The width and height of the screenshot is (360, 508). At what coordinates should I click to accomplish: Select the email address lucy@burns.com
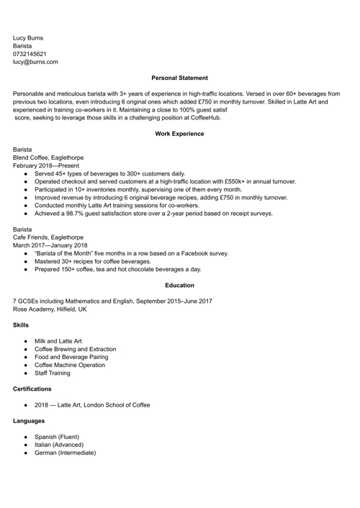[x=35, y=63]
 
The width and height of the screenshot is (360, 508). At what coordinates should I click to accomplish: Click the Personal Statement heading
[x=179, y=78]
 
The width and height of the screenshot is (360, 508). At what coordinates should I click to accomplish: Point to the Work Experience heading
[x=179, y=134]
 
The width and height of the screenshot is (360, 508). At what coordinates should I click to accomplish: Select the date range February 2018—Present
[x=48, y=165]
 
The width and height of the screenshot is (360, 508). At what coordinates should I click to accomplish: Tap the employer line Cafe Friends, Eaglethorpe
[x=48, y=237]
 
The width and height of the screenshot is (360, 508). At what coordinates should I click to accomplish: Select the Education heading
[x=179, y=286]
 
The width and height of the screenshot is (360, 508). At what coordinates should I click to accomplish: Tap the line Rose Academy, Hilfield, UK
[x=50, y=309]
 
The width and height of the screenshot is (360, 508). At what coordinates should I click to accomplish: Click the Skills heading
[x=21, y=325]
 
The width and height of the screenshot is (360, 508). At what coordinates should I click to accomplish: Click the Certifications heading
[x=32, y=389]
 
